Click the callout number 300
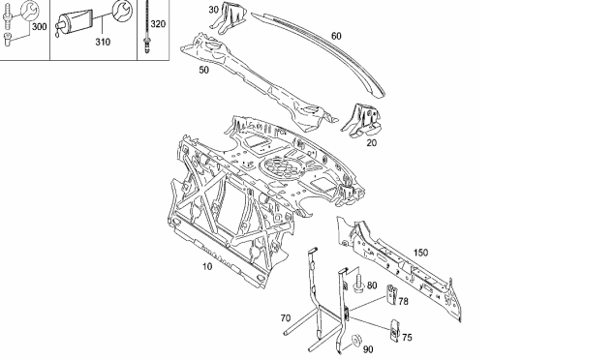pos(39,27)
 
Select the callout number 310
pos(103,42)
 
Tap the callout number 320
pos(158,24)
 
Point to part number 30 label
pos(213,10)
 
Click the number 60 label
pos(336,36)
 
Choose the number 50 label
pos(204,70)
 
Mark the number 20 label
pos(371,142)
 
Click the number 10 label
pos(207,266)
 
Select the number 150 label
pos(420,253)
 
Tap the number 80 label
pos(372,285)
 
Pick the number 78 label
pos(403,301)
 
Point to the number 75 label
pos(407,338)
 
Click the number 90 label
pos(368,349)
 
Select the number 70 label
pos(286,318)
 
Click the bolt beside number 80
pos(358,284)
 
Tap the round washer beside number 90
pos(356,340)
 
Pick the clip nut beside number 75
pos(394,330)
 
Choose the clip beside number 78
pos(391,294)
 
